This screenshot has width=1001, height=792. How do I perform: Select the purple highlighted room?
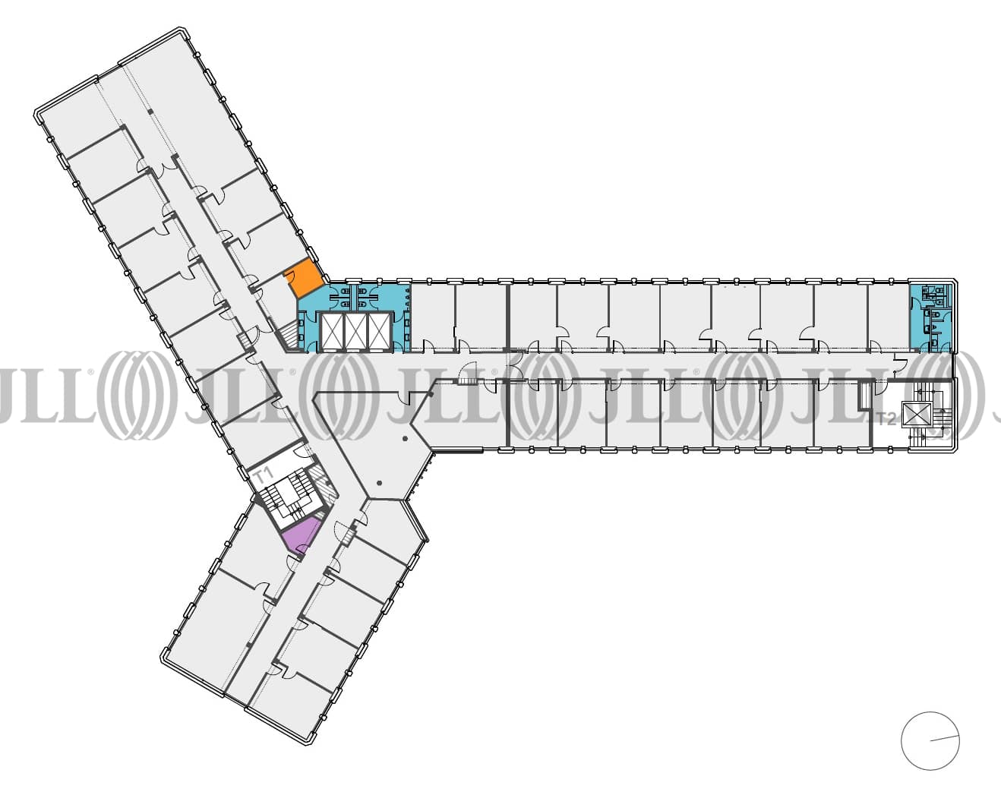coord(299,536)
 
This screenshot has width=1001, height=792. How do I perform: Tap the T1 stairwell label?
coord(264,477)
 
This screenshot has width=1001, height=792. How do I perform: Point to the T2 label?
coord(886,418)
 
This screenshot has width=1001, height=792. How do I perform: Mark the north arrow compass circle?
coord(930,740)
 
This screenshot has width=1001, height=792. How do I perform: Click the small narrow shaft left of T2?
coord(864,395)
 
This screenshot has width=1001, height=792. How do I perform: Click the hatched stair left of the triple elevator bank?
coord(289,334)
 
